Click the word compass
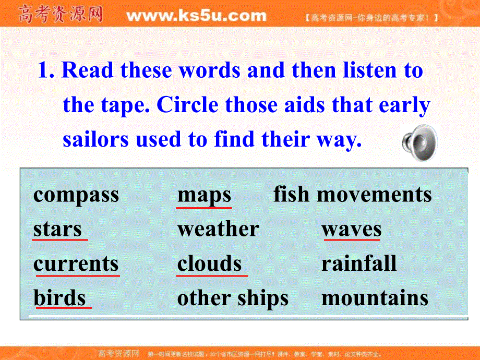pyautogui.click(x=76, y=196)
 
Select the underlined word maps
pyautogui.click(x=204, y=195)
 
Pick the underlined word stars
pyautogui.click(x=57, y=229)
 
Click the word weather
pyautogui.click(x=218, y=229)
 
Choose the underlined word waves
pyautogui.click(x=351, y=229)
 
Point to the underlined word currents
pyautogui.click(x=76, y=263)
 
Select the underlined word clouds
pyautogui.click(x=209, y=263)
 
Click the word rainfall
pyautogui.click(x=359, y=263)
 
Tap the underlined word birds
pyautogui.click(x=59, y=298)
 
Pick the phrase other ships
pyautogui.click(x=233, y=298)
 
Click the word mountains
pyautogui.click(x=375, y=298)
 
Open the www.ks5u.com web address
pyautogui.click(x=196, y=16)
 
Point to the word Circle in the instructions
pyautogui.click(x=188, y=105)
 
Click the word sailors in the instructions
pyautogui.click(x=96, y=139)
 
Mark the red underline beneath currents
pyautogui.click(x=77, y=275)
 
